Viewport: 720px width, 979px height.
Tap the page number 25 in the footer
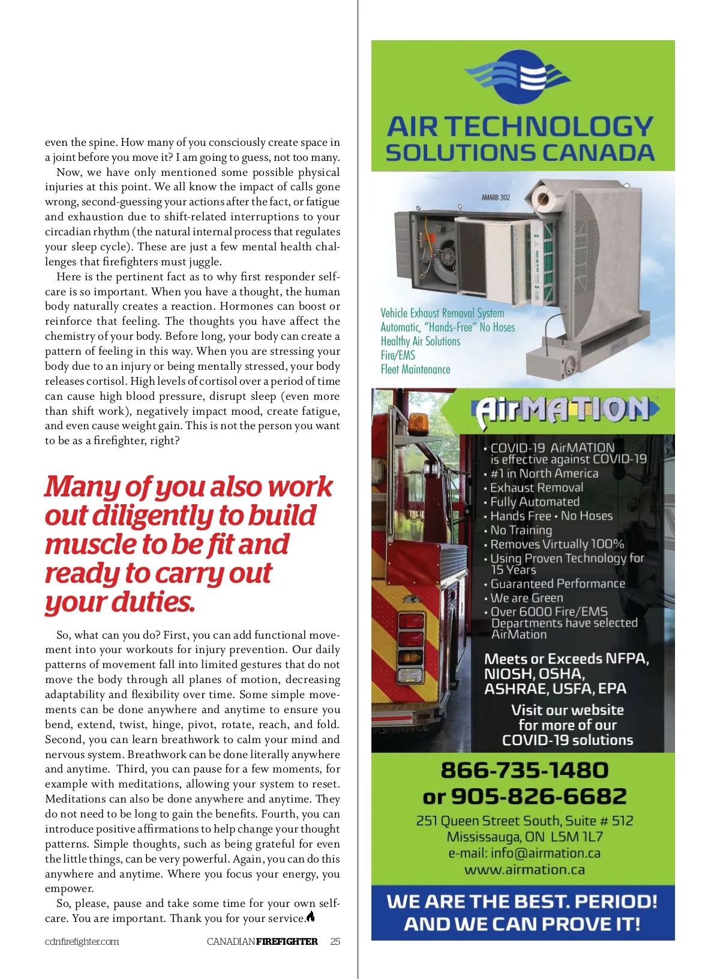[335, 941]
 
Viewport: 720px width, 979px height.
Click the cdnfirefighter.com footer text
[82, 941]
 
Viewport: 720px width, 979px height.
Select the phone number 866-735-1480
[524, 770]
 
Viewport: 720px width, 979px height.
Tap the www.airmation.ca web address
[524, 870]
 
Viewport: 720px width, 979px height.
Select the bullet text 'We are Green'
[527, 598]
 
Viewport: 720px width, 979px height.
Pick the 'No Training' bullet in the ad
[521, 530]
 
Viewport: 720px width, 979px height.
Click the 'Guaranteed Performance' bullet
[557, 583]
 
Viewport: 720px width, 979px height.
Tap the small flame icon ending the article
[311, 917]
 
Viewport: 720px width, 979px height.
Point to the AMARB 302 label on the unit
[496, 197]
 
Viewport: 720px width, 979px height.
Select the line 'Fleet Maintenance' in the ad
[415, 369]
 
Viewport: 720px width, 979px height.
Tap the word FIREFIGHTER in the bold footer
[287, 941]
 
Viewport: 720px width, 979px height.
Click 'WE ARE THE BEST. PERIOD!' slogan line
[522, 902]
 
